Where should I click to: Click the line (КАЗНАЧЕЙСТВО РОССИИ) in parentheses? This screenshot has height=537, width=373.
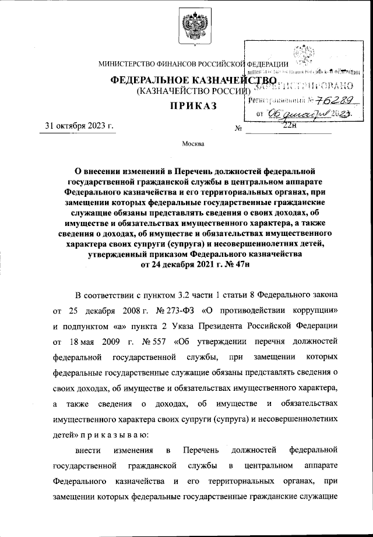[x=189, y=91]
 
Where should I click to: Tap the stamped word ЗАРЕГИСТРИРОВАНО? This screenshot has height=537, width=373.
[x=301, y=86]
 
